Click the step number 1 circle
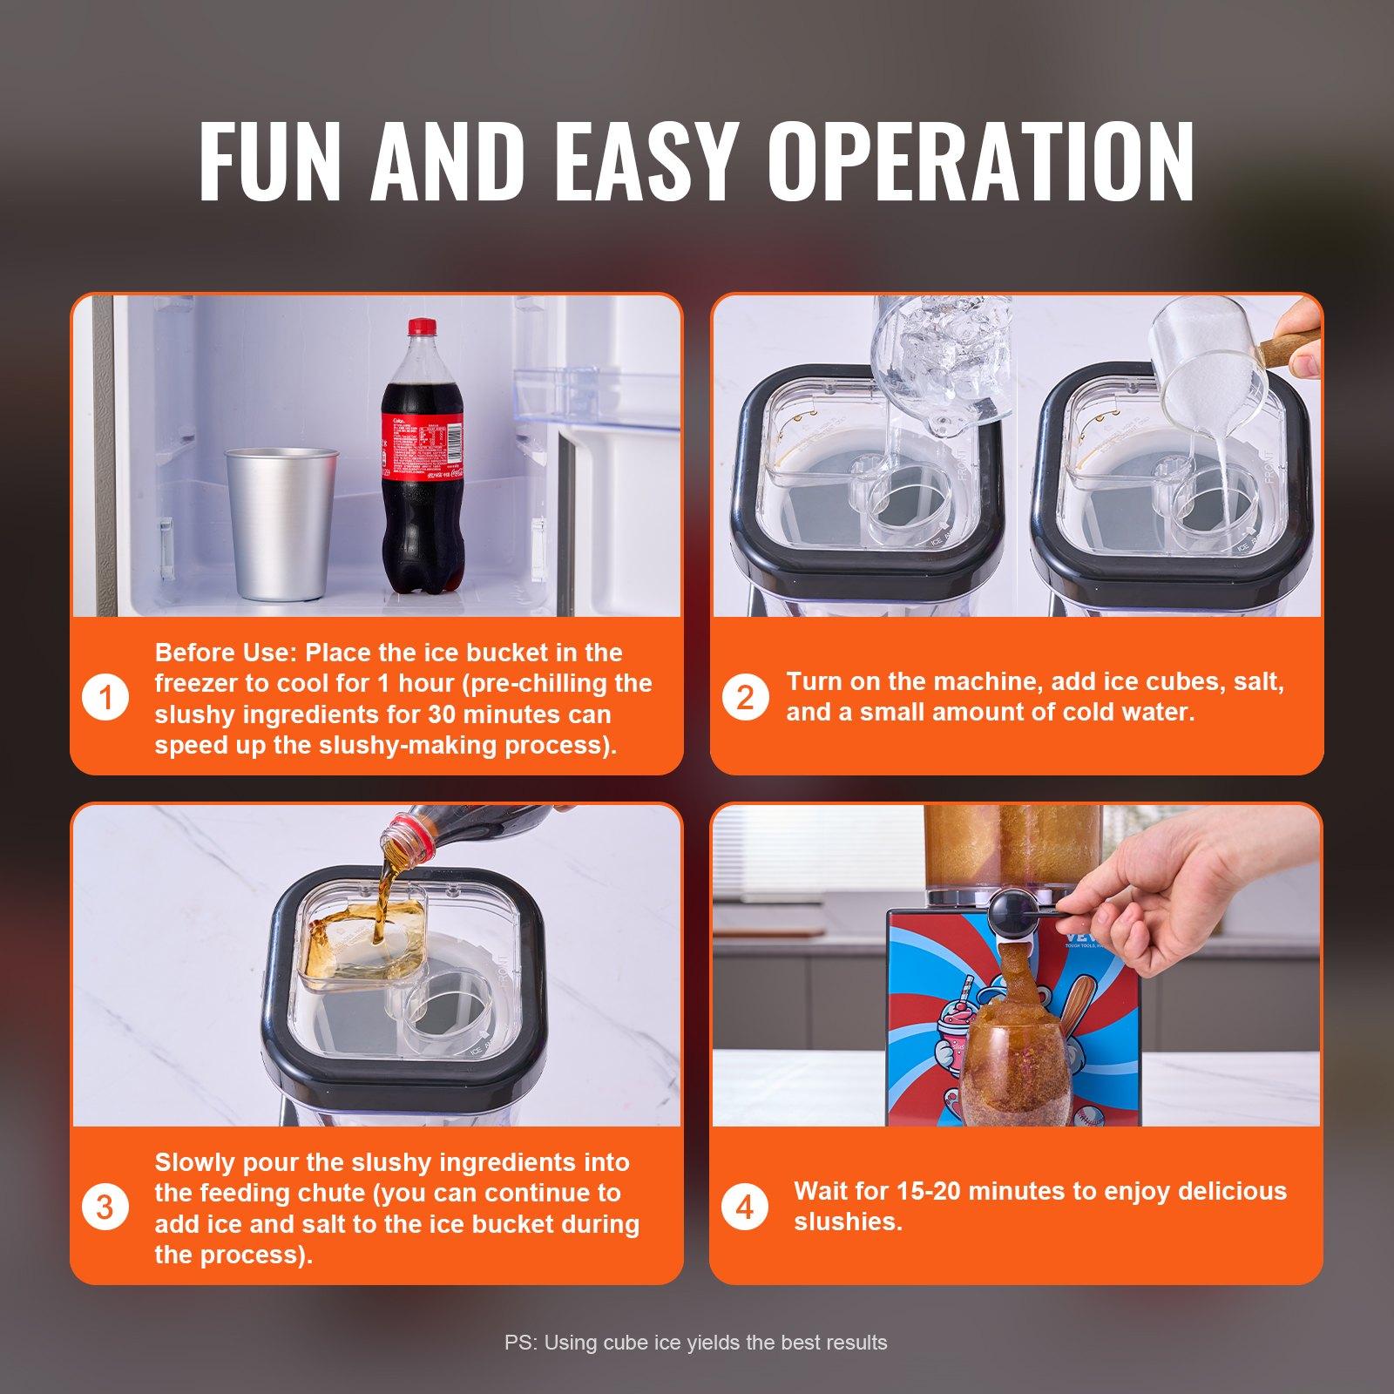tap(105, 699)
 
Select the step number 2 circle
tap(745, 698)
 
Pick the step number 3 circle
tap(105, 1208)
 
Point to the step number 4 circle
tap(745, 1208)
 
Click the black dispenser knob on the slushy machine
tap(1007, 910)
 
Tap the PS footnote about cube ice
tap(695, 1343)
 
